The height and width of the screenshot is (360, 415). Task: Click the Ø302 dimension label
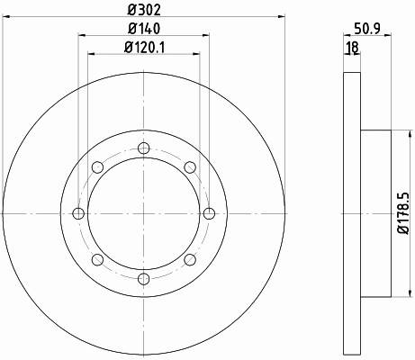(x=144, y=10)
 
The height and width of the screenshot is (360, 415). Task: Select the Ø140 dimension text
(x=144, y=29)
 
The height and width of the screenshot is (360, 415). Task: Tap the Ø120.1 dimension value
(x=144, y=47)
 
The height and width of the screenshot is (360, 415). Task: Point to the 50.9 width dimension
(x=367, y=29)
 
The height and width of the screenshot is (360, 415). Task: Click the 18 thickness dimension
(x=352, y=48)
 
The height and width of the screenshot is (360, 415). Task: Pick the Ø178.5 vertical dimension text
(x=403, y=213)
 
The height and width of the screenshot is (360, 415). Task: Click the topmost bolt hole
(x=144, y=148)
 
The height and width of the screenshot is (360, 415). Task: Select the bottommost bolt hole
(x=144, y=279)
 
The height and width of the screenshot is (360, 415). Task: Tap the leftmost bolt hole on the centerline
(x=78, y=213)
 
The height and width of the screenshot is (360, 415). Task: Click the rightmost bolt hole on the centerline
(x=209, y=213)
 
